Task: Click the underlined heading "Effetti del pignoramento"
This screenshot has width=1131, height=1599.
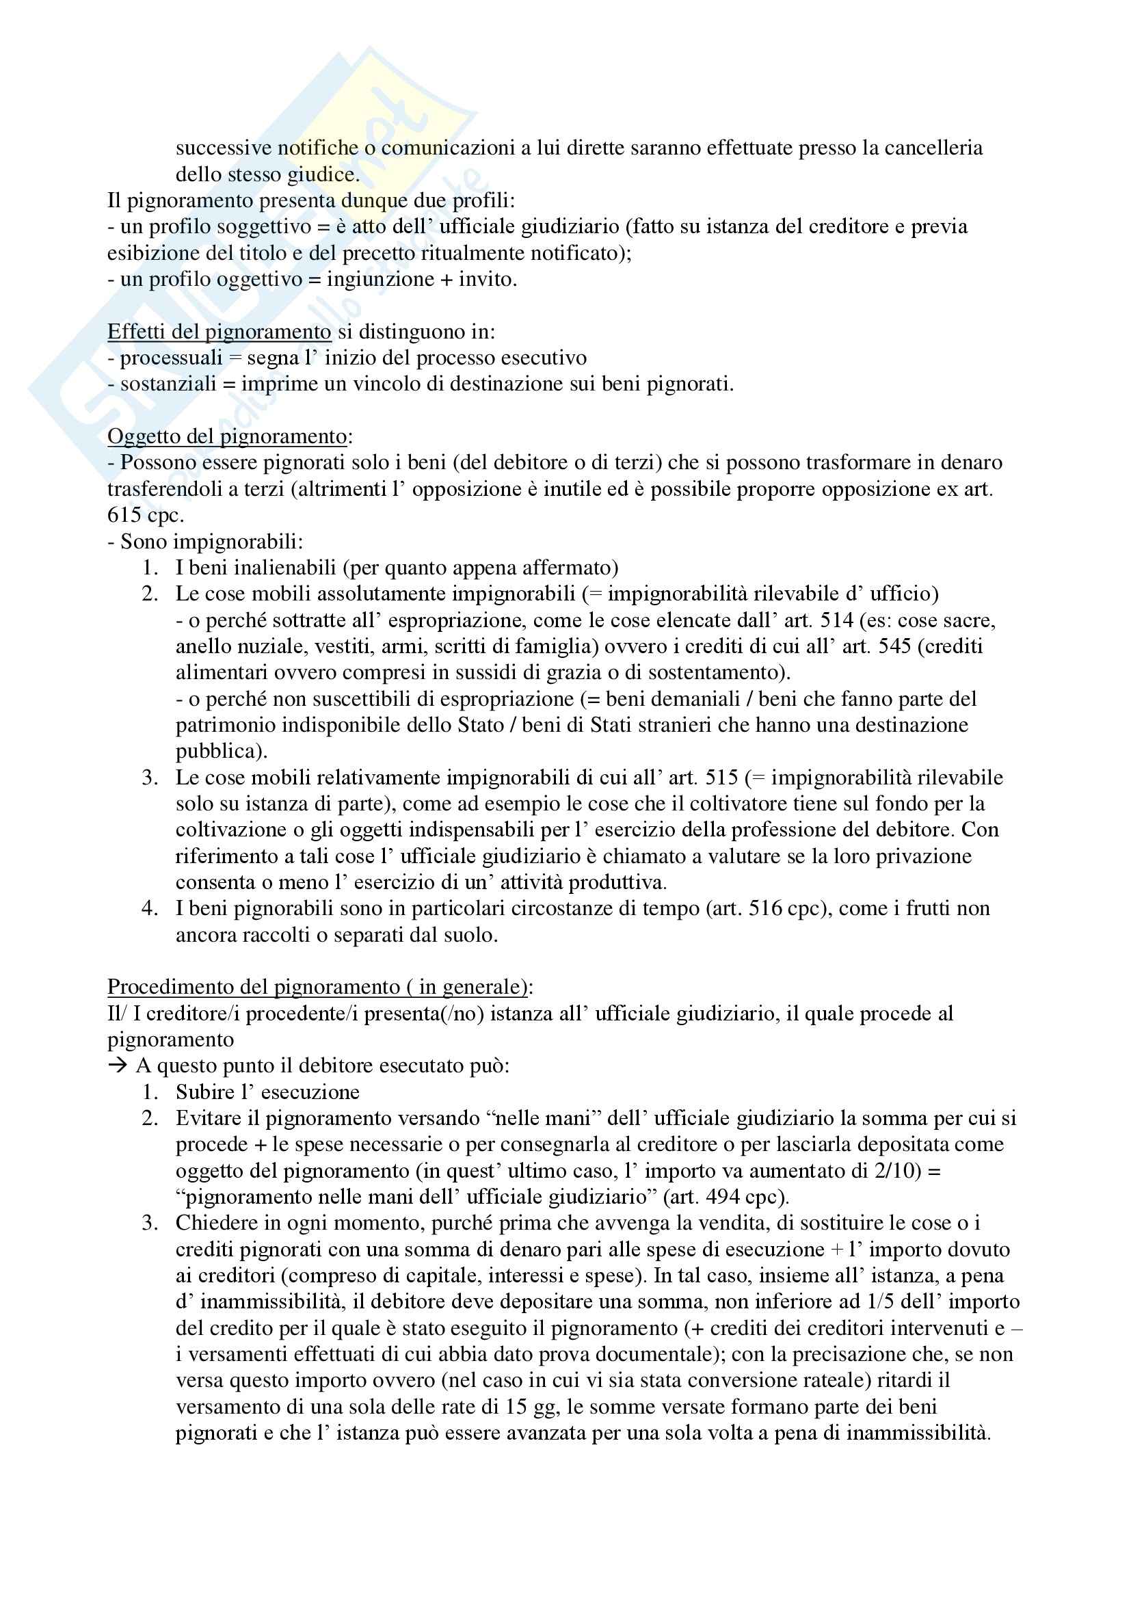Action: pos(219,332)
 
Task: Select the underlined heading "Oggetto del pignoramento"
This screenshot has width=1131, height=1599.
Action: pos(227,436)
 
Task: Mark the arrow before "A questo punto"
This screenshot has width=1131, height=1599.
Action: pos(118,1066)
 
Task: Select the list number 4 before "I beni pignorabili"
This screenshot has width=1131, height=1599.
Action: pos(149,908)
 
